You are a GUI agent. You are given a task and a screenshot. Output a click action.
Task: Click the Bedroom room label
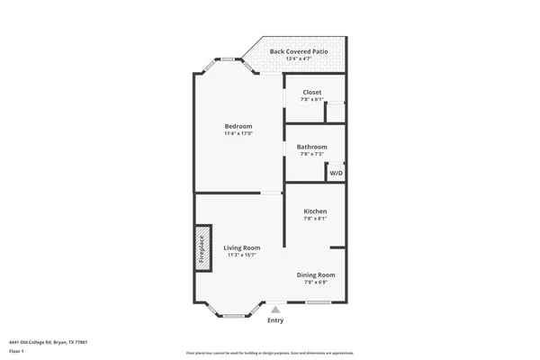pos(238,126)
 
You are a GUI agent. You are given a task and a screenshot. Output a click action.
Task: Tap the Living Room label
pos(242,247)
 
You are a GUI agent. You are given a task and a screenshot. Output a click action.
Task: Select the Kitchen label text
pos(314,211)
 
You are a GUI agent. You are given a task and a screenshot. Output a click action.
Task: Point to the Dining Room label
pos(316,274)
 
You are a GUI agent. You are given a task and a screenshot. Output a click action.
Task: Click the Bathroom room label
pos(312,147)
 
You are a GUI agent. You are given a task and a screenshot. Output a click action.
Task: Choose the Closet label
pos(312,92)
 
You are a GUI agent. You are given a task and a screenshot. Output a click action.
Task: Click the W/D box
pos(336,172)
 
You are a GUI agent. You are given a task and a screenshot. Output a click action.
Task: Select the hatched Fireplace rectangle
pos(202,246)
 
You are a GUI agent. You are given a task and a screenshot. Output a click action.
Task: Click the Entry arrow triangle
pos(275,310)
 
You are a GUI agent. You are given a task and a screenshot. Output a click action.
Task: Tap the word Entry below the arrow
pos(275,320)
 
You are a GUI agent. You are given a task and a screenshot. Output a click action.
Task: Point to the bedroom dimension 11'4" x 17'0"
pos(238,134)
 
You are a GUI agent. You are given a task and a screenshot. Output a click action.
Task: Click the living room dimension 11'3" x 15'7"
pos(242,256)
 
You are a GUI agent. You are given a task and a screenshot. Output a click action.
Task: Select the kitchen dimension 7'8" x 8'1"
pos(314,219)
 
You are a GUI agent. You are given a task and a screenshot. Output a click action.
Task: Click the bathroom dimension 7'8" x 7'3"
pos(312,154)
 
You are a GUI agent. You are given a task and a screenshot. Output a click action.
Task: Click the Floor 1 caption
pos(17,350)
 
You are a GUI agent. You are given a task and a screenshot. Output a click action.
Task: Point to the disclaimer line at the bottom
pos(270,355)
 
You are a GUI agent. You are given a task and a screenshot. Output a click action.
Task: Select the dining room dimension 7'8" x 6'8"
pos(316,283)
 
